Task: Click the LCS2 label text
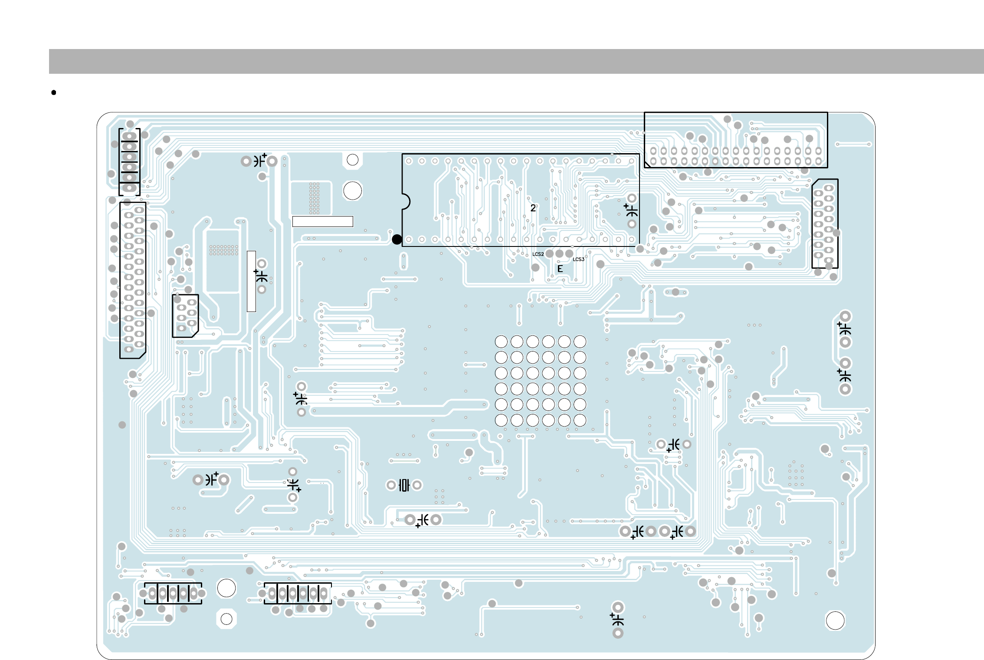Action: point(538,254)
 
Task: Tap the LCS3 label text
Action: point(578,259)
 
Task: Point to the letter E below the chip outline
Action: point(560,269)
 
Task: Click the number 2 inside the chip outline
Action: point(533,208)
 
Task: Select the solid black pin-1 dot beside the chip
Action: point(397,240)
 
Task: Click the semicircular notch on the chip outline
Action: point(407,202)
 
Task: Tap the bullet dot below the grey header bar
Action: point(54,92)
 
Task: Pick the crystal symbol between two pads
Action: point(404,485)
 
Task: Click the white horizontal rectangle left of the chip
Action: point(322,221)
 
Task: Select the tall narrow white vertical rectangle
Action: point(251,281)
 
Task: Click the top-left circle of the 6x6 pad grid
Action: point(501,341)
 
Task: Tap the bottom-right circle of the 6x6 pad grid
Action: point(580,420)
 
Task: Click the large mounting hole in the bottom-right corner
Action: point(835,621)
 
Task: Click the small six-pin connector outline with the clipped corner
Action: point(185,316)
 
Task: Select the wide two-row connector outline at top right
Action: point(736,140)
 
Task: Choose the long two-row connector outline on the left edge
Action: point(133,280)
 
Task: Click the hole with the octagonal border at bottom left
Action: point(226,619)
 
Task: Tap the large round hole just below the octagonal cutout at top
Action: point(352,190)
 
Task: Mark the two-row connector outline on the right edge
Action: point(825,223)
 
